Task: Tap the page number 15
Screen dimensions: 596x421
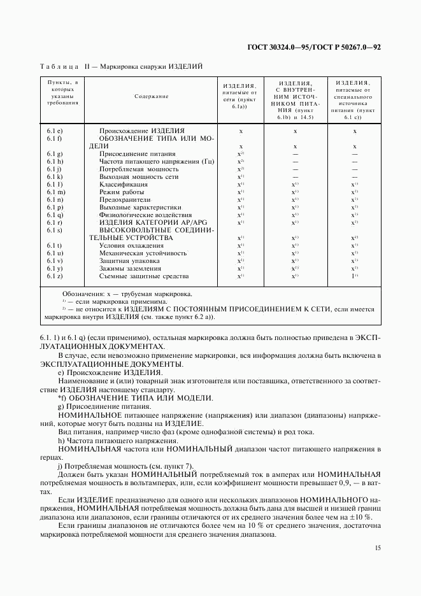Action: (377, 547)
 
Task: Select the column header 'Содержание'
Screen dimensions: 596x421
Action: (151, 96)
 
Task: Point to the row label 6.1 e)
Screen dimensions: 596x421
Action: (54, 131)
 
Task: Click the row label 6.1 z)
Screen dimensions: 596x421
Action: (54, 276)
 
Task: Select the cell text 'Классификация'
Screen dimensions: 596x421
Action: (124, 184)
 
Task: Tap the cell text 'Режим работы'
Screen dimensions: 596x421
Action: (121, 192)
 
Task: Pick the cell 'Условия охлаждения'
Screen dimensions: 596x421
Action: (131, 246)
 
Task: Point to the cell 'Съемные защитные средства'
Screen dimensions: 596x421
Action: (144, 276)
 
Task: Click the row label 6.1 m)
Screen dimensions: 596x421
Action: (55, 192)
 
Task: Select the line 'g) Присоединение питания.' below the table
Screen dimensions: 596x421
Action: (104, 406)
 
